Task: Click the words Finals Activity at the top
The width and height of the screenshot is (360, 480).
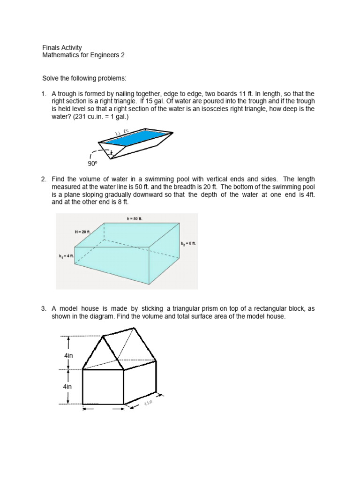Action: [62, 47]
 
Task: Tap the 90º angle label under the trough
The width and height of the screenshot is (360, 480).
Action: [91, 164]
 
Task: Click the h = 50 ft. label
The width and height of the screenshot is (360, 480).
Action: [135, 218]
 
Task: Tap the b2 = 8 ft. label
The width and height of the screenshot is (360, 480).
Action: [189, 244]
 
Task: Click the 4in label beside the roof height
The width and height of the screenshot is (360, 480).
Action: [68, 356]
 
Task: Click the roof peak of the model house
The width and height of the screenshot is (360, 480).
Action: [103, 336]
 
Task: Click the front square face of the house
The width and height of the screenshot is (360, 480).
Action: [103, 387]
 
